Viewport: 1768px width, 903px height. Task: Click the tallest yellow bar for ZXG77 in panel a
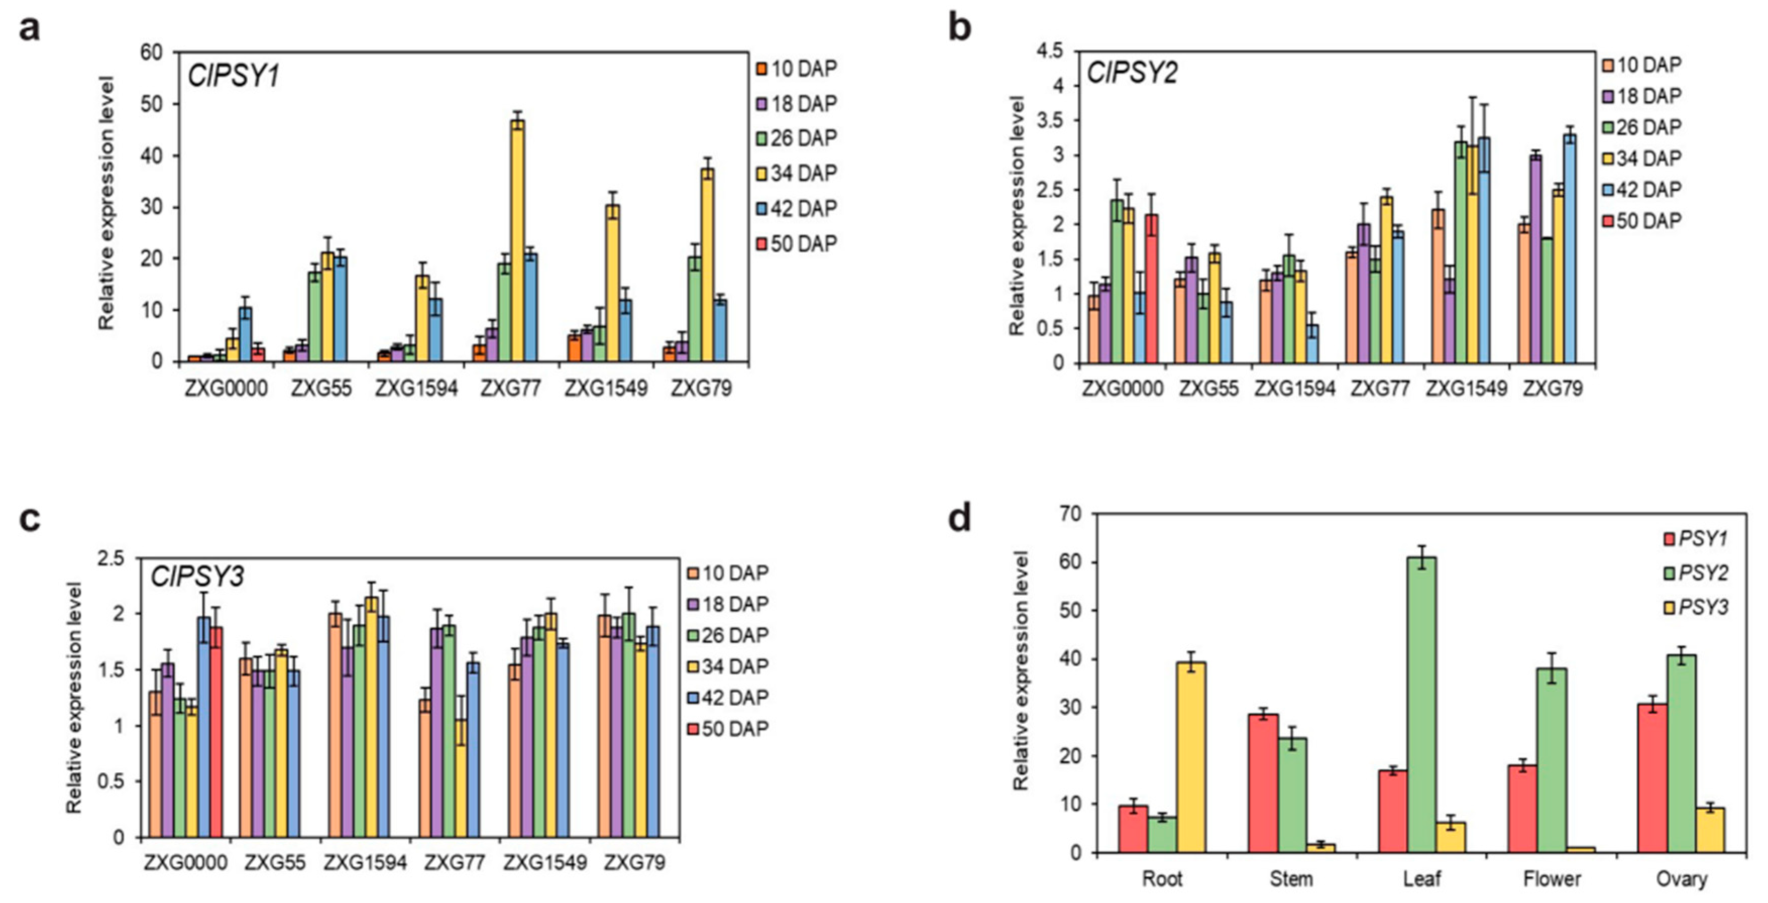pyautogui.click(x=518, y=240)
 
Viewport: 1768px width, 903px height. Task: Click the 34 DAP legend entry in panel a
pyautogui.click(x=797, y=174)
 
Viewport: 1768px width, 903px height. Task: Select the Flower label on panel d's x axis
pyautogui.click(x=1551, y=879)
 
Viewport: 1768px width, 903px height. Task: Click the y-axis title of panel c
pyautogui.click(x=74, y=697)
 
